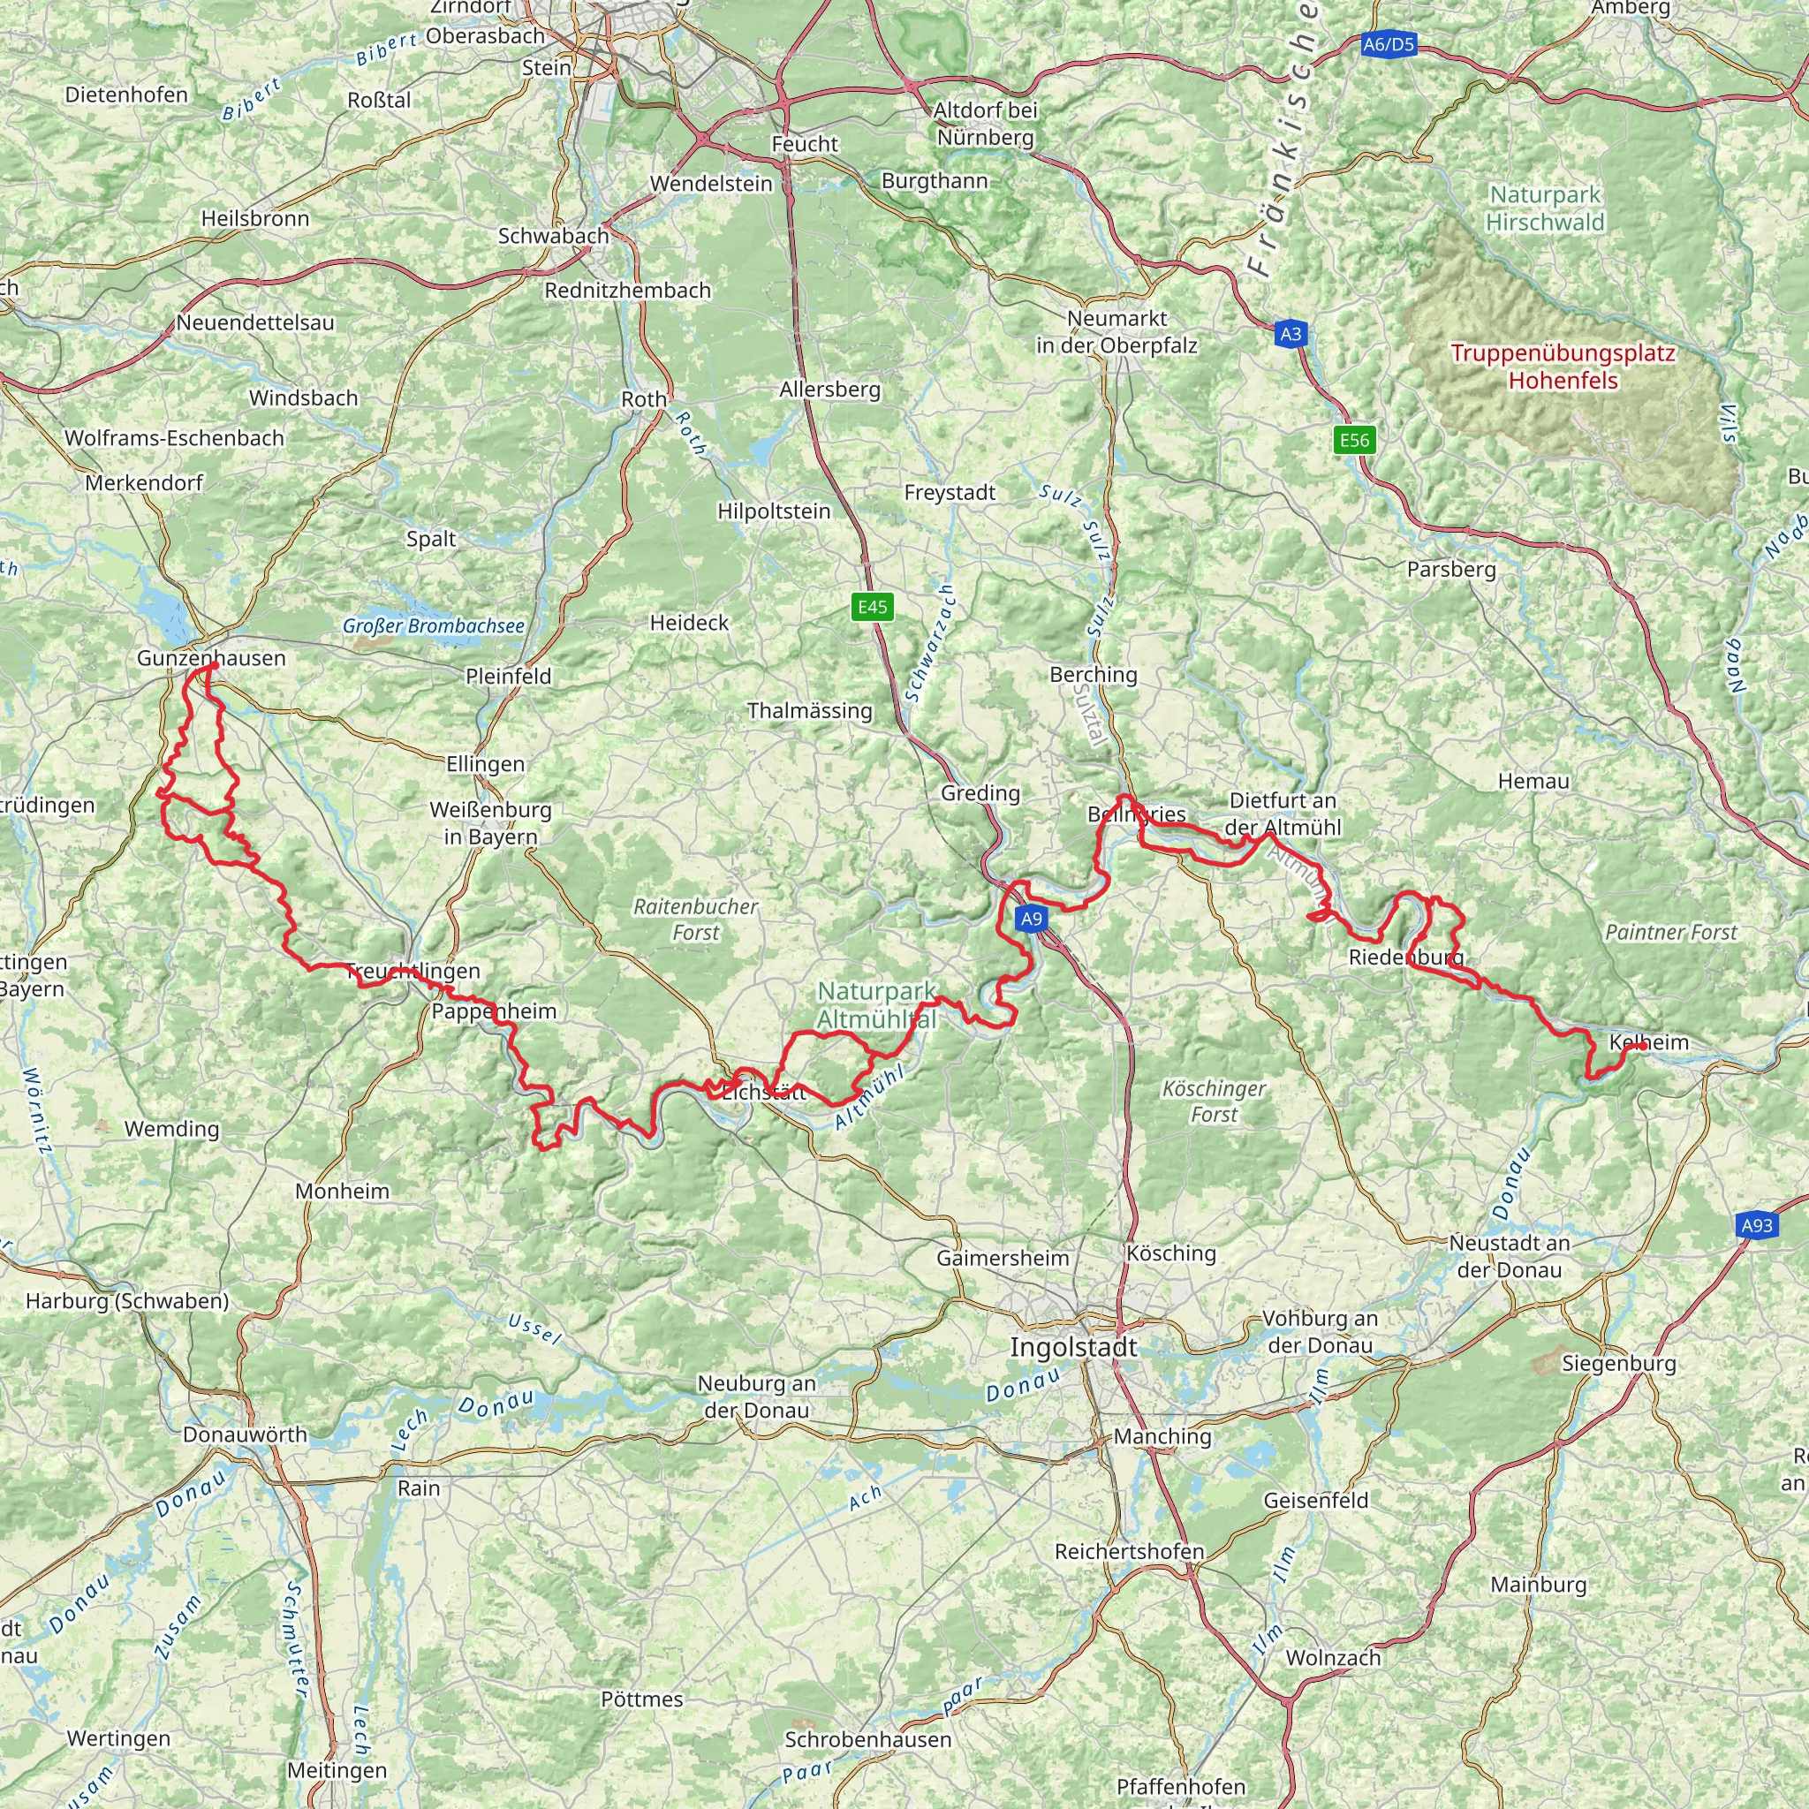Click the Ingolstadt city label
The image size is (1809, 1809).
(1073, 1347)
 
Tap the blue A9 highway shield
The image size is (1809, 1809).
(1031, 919)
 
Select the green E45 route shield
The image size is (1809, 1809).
(873, 607)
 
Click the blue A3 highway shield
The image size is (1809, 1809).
(1291, 334)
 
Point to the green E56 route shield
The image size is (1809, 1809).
(1354, 440)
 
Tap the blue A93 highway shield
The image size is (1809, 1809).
(1757, 1226)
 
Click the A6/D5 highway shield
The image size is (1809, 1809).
(1389, 44)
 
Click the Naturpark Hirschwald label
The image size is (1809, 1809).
(1545, 208)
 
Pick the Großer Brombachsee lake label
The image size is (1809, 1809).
(433, 625)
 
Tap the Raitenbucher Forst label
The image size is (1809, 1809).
(696, 919)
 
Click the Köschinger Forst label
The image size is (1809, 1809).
(1214, 1101)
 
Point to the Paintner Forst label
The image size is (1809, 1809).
(1670, 932)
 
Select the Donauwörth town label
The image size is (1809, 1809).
(245, 1434)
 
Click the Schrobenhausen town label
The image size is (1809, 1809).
(868, 1738)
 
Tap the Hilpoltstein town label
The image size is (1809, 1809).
(774, 511)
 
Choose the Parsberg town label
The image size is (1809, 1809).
(1451, 570)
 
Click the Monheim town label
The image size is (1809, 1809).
(342, 1191)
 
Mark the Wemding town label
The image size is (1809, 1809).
(172, 1128)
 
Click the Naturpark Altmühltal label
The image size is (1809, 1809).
(877, 1005)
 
